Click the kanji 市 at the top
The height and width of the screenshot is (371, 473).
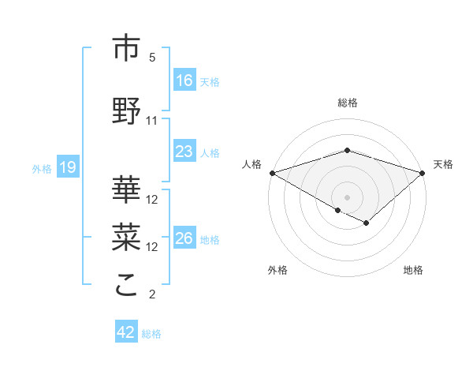127,48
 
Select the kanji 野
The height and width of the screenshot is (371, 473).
127,111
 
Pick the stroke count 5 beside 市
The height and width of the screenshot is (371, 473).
152,58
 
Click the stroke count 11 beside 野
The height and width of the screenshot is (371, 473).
152,121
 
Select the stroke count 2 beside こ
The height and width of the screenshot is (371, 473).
152,295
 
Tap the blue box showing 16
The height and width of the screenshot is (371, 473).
184,81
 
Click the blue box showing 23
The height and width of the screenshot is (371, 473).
184,152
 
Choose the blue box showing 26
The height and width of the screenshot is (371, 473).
184,238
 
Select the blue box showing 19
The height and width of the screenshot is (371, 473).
68,167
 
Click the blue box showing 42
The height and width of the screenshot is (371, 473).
126,333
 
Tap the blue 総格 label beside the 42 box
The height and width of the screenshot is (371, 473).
152,334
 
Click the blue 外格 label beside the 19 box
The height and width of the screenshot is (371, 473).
42,168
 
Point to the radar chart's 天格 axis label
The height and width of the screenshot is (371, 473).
444,164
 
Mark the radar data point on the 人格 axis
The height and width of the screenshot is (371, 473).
272,172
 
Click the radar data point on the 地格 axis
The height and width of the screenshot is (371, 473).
366,223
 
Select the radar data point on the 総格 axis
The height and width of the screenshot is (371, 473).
347,150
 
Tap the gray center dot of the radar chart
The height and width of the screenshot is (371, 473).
347,197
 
